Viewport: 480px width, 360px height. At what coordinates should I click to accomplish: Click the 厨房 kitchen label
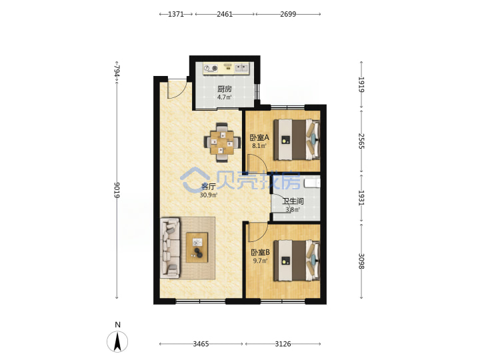click(x=225, y=89)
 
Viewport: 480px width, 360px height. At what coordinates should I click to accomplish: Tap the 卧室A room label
click(x=259, y=137)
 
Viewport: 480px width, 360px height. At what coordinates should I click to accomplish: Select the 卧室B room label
click(x=260, y=253)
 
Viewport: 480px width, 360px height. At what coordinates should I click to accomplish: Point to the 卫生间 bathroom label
click(x=293, y=201)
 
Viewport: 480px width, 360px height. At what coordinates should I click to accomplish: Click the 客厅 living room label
click(x=208, y=187)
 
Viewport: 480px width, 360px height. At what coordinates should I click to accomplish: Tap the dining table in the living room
click(x=222, y=143)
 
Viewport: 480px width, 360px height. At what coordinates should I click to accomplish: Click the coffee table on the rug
click(x=197, y=247)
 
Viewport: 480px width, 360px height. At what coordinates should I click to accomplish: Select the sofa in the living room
click(x=170, y=247)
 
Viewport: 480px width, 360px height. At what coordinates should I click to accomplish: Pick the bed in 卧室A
click(x=297, y=139)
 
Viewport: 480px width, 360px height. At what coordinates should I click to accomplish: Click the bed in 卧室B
click(x=297, y=261)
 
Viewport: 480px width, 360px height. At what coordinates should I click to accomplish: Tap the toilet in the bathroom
click(x=312, y=183)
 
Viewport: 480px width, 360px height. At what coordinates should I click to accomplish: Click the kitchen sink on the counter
click(x=242, y=67)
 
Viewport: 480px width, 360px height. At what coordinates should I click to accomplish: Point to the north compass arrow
click(x=117, y=341)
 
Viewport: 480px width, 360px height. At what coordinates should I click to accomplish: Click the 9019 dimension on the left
click(x=117, y=190)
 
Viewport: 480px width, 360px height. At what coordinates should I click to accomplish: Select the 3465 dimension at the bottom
click(x=201, y=344)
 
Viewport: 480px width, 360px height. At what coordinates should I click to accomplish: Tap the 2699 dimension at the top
click(x=288, y=14)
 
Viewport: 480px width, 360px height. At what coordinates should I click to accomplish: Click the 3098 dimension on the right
click(x=361, y=261)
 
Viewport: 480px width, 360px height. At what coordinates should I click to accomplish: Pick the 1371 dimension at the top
click(x=176, y=14)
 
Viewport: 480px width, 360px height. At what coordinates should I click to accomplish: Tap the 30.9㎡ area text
click(x=209, y=195)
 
